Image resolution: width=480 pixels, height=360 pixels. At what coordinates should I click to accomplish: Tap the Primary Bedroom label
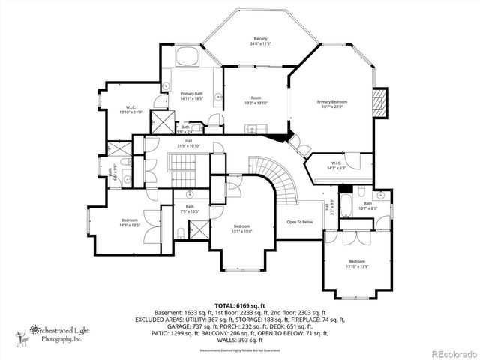[332, 103]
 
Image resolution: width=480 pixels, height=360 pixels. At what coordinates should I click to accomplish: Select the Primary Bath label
[192, 96]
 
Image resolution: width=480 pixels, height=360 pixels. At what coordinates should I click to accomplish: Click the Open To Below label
[299, 222]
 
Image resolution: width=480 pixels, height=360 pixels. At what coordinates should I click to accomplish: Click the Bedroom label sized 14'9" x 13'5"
[129, 223]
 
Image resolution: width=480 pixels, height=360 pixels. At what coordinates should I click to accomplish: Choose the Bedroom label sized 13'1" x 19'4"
[241, 229]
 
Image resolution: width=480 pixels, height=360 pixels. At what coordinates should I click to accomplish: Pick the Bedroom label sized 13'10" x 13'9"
[357, 263]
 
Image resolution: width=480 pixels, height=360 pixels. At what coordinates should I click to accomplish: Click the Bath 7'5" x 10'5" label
[190, 209]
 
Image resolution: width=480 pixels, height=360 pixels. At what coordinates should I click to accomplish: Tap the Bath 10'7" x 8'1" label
[368, 206]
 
